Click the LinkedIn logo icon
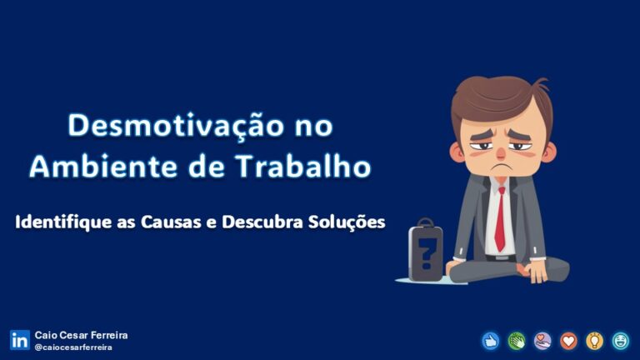(x=19, y=340)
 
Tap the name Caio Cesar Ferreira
(x=82, y=335)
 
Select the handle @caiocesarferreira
(x=74, y=347)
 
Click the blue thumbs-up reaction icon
(x=491, y=340)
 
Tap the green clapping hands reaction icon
(x=517, y=340)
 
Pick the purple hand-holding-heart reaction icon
(x=542, y=340)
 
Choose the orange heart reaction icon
(x=568, y=340)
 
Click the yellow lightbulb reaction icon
(x=594, y=340)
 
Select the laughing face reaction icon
(x=620, y=340)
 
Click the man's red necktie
(x=499, y=221)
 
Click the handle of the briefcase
(x=426, y=223)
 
